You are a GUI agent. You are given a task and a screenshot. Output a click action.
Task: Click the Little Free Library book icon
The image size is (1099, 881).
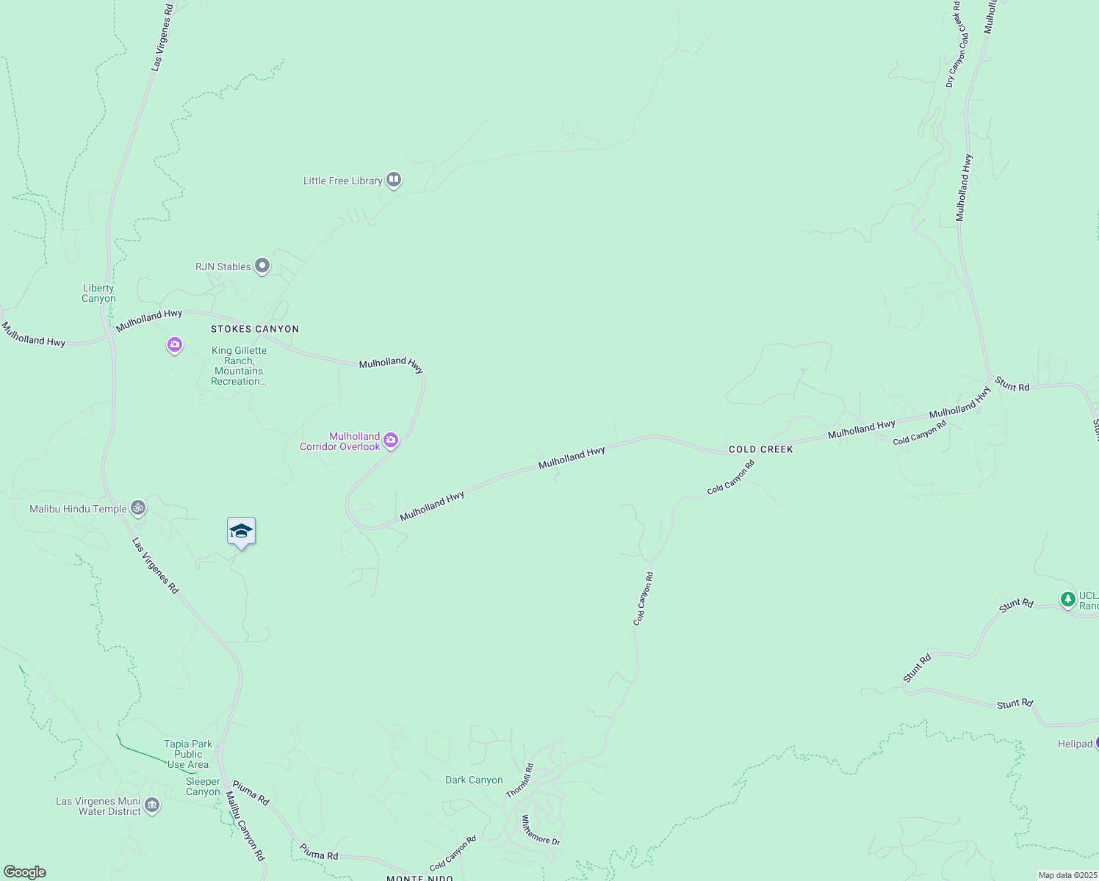tap(394, 180)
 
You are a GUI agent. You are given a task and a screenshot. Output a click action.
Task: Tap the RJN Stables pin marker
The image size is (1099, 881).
tap(262, 267)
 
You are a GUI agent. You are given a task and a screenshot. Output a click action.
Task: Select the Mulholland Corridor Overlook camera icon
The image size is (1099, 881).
tap(391, 440)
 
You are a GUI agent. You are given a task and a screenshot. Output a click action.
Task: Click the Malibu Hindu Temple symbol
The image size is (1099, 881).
tap(137, 507)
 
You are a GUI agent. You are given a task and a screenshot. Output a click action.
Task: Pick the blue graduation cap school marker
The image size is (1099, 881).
tap(241, 532)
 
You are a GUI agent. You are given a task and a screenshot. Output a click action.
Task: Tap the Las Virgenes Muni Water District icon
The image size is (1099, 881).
tap(152, 805)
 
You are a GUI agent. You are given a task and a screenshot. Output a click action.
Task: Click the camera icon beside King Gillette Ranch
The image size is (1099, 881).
tap(174, 344)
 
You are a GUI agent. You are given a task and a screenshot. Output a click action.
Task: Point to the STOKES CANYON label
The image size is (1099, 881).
tap(255, 329)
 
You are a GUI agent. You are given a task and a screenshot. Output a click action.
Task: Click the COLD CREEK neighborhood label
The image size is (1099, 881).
tap(760, 449)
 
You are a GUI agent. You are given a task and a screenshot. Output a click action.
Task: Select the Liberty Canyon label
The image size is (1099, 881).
tap(98, 294)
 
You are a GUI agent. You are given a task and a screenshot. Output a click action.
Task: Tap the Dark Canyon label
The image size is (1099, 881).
tap(474, 780)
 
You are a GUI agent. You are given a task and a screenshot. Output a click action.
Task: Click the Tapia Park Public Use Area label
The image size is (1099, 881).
tap(189, 754)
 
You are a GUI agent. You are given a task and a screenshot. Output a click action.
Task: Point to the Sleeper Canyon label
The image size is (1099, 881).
tap(203, 786)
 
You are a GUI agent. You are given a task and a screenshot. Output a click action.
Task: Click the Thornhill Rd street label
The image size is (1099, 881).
tap(519, 781)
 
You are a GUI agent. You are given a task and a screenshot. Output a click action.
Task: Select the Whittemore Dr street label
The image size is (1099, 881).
tap(541, 830)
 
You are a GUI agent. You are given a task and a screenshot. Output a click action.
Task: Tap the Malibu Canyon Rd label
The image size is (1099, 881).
tap(245, 826)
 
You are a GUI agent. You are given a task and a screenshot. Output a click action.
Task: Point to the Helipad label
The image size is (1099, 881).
tap(1075, 744)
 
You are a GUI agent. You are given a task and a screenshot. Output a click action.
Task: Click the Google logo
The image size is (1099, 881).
tap(24, 872)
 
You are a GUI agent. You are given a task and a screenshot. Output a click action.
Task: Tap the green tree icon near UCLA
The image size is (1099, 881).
tap(1068, 600)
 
